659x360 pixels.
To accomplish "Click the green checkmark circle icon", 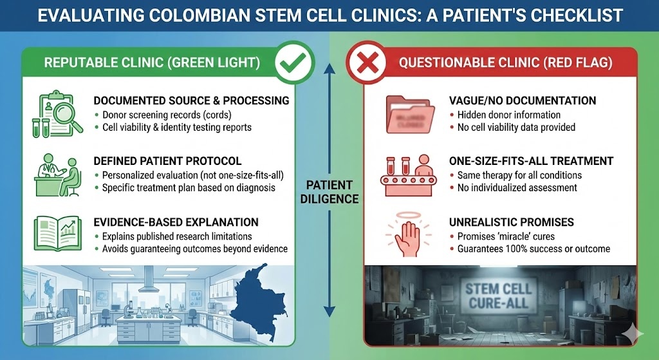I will point(294,63).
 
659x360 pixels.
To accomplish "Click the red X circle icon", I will point(365,63).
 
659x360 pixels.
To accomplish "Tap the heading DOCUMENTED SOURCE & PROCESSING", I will point(191,101).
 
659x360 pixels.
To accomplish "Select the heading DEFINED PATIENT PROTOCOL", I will point(167,161).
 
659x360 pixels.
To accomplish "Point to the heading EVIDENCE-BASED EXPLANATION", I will point(176,222).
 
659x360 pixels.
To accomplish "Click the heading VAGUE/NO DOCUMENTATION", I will point(523,101).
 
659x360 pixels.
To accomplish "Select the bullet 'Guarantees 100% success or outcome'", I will point(534,249).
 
